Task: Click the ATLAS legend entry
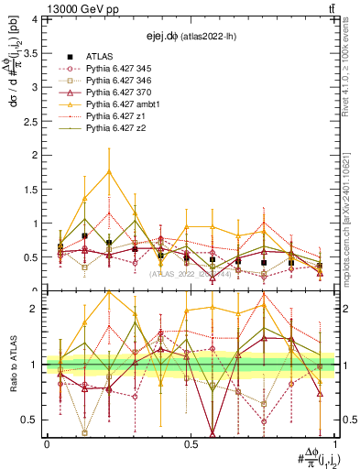pyautogui.click(x=99, y=57)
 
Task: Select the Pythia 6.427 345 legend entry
pyautogui.click(x=115, y=69)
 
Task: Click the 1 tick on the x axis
pyautogui.click(x=335, y=444)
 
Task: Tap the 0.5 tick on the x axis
pyautogui.click(x=191, y=444)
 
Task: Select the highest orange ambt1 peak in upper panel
pyautogui.click(x=109, y=171)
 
